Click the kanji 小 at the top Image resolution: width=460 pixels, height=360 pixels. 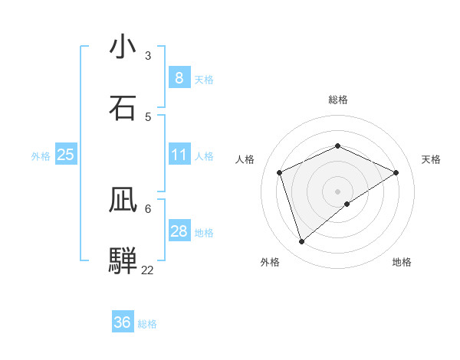coord(123,47)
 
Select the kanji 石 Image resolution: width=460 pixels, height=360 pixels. coord(123,108)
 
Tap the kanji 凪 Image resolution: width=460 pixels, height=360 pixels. coord(123,200)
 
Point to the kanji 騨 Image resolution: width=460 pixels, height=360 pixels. coord(123,260)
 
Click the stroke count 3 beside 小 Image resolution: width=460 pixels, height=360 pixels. coord(148,56)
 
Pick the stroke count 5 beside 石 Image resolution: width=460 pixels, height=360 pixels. coord(148,116)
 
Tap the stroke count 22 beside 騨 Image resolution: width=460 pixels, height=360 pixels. coord(148,270)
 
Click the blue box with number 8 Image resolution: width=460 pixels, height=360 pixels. coord(179,77)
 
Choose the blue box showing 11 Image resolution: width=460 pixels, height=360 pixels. coord(179,155)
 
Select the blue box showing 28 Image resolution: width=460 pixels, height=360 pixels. coord(179,231)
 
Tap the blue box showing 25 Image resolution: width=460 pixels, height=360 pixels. coord(66,155)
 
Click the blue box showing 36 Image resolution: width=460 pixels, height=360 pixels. coord(123,322)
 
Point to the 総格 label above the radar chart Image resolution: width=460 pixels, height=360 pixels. coord(338,100)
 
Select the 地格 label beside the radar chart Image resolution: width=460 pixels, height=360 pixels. coord(402,262)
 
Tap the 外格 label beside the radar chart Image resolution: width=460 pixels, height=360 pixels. coord(270,262)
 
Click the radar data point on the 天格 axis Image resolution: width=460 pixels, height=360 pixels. coord(396,172)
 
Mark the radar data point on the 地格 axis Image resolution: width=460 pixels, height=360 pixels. coord(347,204)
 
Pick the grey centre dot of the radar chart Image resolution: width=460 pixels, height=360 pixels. coord(338,191)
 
